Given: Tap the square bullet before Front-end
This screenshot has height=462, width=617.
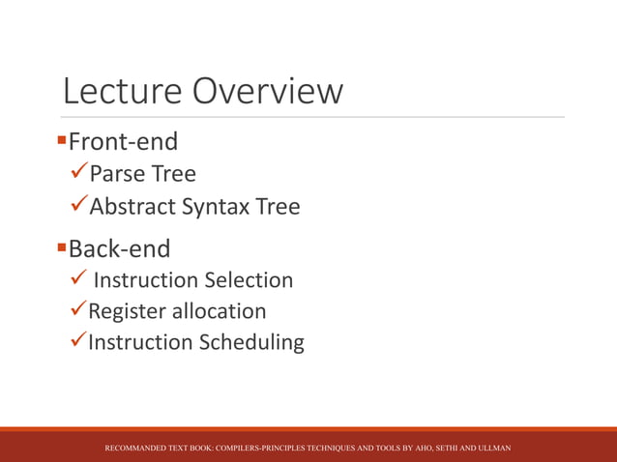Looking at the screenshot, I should click(62, 142).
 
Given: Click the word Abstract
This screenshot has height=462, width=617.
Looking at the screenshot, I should click(127, 207).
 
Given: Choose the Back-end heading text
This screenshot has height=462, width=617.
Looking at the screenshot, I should click(120, 249).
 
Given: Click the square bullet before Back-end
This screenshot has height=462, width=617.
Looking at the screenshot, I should click(62, 249).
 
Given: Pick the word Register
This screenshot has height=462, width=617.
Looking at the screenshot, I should click(127, 311).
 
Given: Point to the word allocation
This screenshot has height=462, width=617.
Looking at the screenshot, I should click(220, 311).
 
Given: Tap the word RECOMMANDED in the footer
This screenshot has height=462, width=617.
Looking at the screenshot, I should click(136, 449).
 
